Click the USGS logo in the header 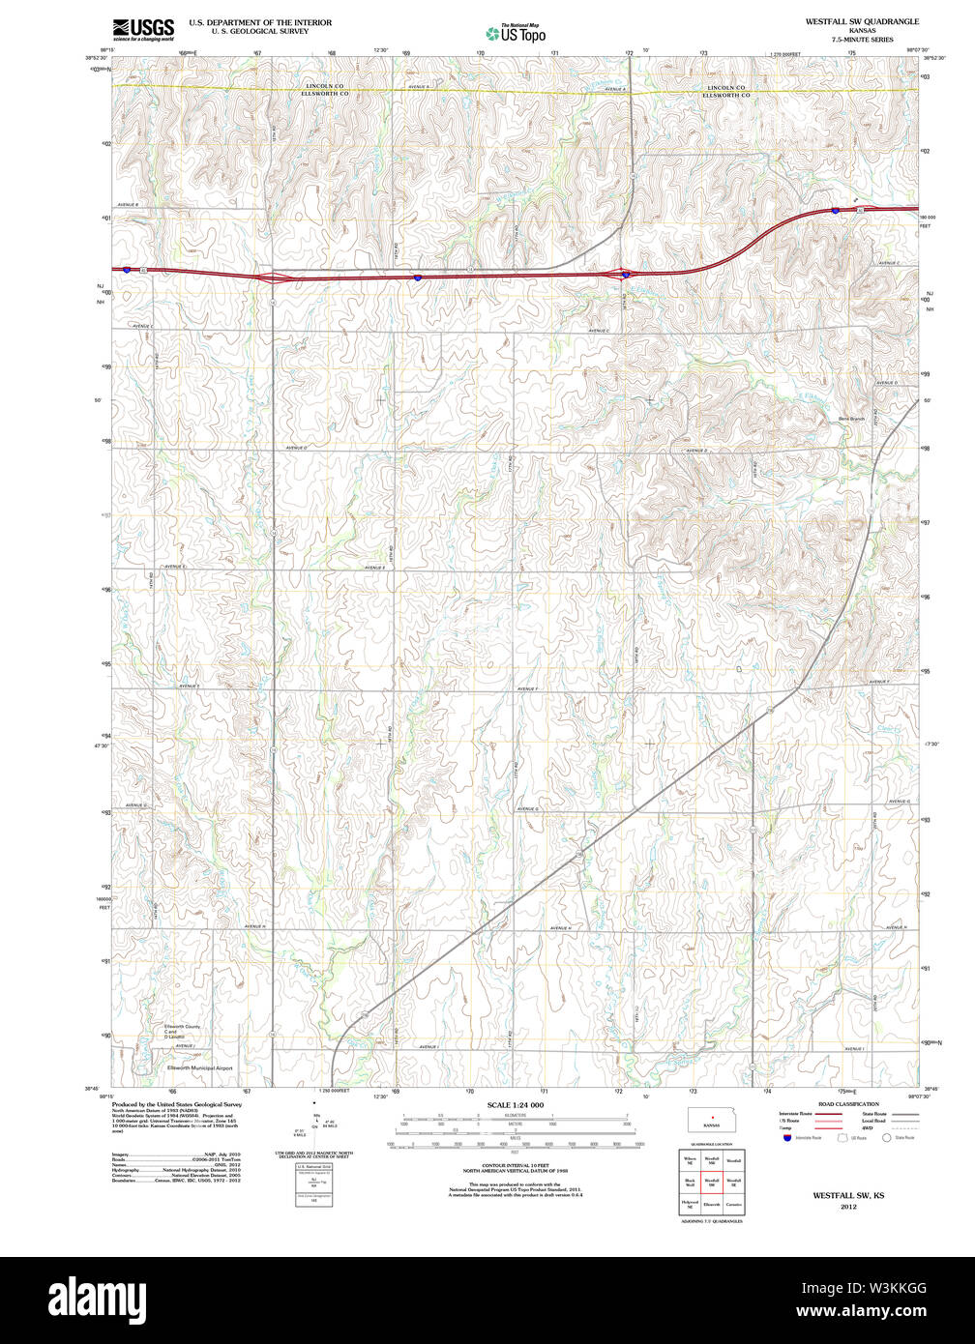tap(143, 27)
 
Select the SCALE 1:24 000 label tap(515, 1104)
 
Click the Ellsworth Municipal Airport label tap(199, 1068)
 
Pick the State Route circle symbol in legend tap(888, 1138)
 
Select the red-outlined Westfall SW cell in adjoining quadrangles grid tap(712, 1181)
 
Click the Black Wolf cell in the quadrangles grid tap(690, 1181)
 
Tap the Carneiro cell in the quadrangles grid tap(734, 1204)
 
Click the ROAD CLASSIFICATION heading tap(847, 1103)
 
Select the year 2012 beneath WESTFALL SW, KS tap(848, 1207)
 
